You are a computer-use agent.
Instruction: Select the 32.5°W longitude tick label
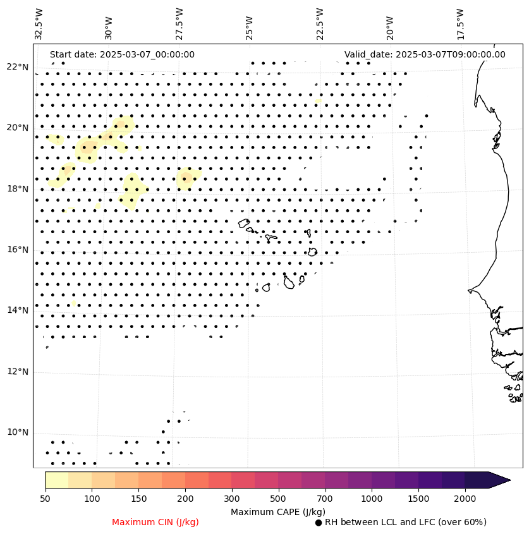pyautogui.click(x=39, y=24)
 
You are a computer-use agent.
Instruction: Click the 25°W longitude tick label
pyautogui.click(x=249, y=26)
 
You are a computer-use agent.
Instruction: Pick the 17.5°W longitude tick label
pyautogui.click(x=459, y=24)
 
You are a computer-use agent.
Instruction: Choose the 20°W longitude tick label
pyautogui.click(x=389, y=26)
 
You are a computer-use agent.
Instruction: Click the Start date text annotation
pyautogui.click(x=122, y=54)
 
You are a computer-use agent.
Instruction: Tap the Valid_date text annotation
pyautogui.click(x=425, y=54)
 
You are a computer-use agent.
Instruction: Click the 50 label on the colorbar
pyautogui.click(x=45, y=499)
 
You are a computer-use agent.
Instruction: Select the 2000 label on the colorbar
pyautogui.click(x=465, y=499)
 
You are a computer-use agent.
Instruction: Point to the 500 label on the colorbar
pyautogui.click(x=278, y=499)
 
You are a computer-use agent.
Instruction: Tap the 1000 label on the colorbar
pyautogui.click(x=372, y=499)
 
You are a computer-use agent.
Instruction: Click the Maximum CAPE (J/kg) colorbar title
pyautogui.click(x=278, y=511)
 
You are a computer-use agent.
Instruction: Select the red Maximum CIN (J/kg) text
pyautogui.click(x=155, y=522)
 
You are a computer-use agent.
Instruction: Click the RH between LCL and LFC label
pyautogui.click(x=405, y=522)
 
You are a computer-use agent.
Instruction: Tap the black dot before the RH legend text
pyautogui.click(x=319, y=523)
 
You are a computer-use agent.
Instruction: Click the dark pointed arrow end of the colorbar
pyautogui.click(x=499, y=480)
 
